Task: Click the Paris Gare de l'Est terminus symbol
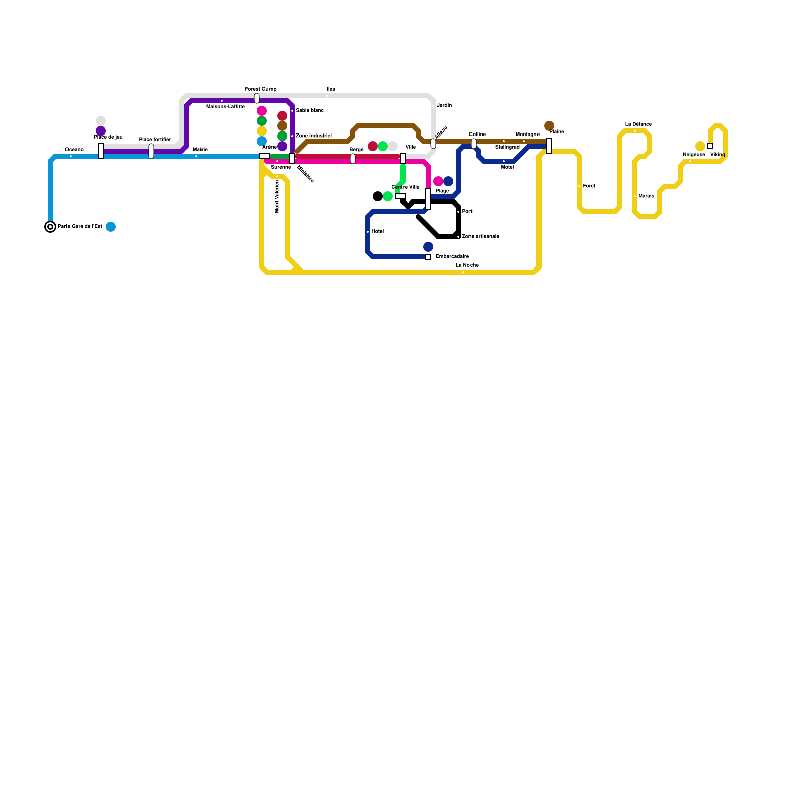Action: [x=50, y=227]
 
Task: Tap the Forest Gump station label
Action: [x=260, y=89]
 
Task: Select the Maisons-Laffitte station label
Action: [x=225, y=107]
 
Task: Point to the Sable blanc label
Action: [x=309, y=111]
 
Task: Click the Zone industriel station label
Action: [x=313, y=136]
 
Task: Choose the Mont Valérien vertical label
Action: [x=277, y=196]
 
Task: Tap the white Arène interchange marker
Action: [x=264, y=156]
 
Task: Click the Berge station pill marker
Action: [x=353, y=159]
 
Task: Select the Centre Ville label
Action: [x=406, y=187]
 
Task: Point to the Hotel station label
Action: [x=377, y=232]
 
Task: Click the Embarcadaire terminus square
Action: [x=428, y=257]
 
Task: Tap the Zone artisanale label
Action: [x=480, y=237]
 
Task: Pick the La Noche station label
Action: [x=467, y=265]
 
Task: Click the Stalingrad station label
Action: [x=507, y=147]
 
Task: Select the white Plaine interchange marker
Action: [x=549, y=146]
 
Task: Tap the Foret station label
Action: [x=589, y=186]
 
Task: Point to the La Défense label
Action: [x=638, y=124]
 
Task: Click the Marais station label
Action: [x=646, y=196]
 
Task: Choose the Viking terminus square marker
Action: [x=710, y=146]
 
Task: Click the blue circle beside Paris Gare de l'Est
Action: [x=111, y=227]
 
